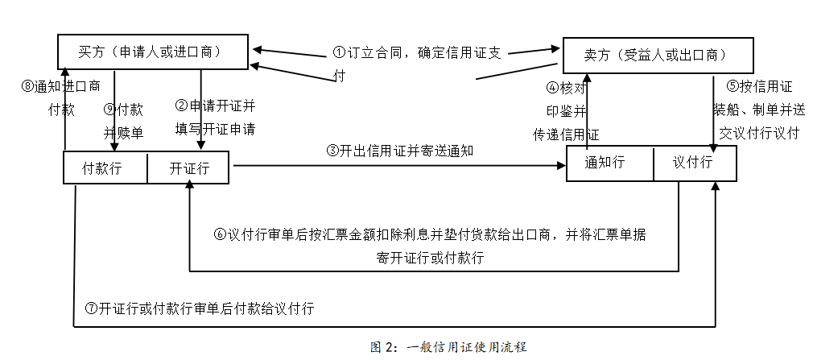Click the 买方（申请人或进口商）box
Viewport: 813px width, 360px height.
tap(152, 52)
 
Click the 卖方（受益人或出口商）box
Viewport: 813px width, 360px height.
tap(658, 55)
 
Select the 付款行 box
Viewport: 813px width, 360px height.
tap(105, 168)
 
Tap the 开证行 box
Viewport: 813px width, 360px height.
tap(188, 168)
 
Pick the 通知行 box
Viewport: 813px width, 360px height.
tap(610, 163)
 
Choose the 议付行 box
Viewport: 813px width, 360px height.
tap(695, 163)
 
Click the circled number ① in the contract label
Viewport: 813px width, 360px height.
tap(339, 52)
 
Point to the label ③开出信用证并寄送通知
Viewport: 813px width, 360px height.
tap(400, 151)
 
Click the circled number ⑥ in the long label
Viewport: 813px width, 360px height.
tap(220, 234)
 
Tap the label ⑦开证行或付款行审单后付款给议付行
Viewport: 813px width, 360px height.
tap(200, 308)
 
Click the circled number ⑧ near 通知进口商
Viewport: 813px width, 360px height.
tap(27, 86)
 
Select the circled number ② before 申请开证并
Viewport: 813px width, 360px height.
tap(181, 106)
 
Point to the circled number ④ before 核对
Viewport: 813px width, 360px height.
tap(553, 88)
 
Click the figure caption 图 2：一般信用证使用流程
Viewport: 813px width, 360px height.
tap(448, 347)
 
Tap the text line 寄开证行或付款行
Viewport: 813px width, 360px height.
tap(431, 257)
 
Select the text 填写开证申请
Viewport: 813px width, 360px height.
tap(215, 129)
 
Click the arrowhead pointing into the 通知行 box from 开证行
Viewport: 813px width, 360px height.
tap(562, 165)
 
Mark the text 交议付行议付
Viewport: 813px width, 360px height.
tap(759, 133)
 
